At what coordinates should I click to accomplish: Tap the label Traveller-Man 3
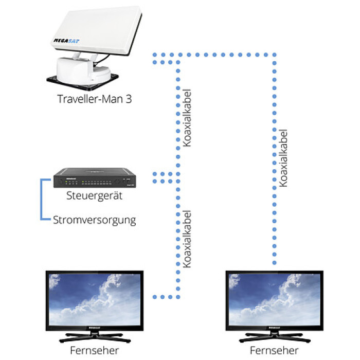(95, 99)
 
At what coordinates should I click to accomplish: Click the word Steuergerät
(94, 196)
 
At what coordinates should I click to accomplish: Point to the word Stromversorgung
(95, 220)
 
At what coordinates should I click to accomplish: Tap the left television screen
(94, 298)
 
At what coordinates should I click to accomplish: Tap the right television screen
(274, 298)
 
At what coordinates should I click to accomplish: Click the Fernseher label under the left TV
(94, 350)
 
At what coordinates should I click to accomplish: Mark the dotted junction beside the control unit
(164, 177)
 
